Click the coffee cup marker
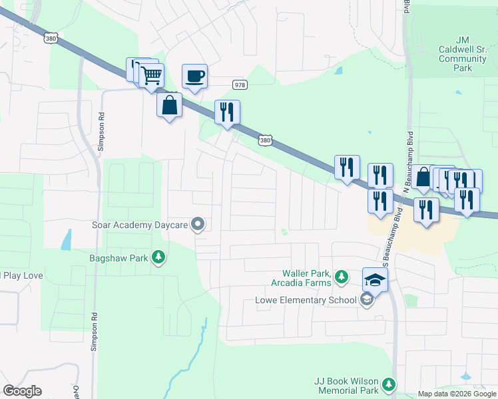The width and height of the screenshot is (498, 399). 194,76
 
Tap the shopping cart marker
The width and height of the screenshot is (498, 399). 152,75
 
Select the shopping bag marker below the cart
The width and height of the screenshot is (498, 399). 170,105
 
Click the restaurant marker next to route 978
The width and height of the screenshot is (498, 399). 227,112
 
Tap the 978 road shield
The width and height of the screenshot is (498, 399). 240,84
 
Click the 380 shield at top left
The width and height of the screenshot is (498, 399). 51,39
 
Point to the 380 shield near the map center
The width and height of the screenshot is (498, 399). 264,140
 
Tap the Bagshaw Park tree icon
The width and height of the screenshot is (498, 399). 158,257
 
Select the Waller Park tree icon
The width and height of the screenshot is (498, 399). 341,276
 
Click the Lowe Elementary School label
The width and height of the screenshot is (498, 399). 306,300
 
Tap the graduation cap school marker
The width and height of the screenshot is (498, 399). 375,280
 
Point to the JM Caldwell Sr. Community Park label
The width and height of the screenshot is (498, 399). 464,55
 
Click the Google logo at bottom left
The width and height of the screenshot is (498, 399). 22,391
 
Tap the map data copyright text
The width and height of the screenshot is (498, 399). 457,394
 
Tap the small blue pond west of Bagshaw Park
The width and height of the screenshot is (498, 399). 66,239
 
